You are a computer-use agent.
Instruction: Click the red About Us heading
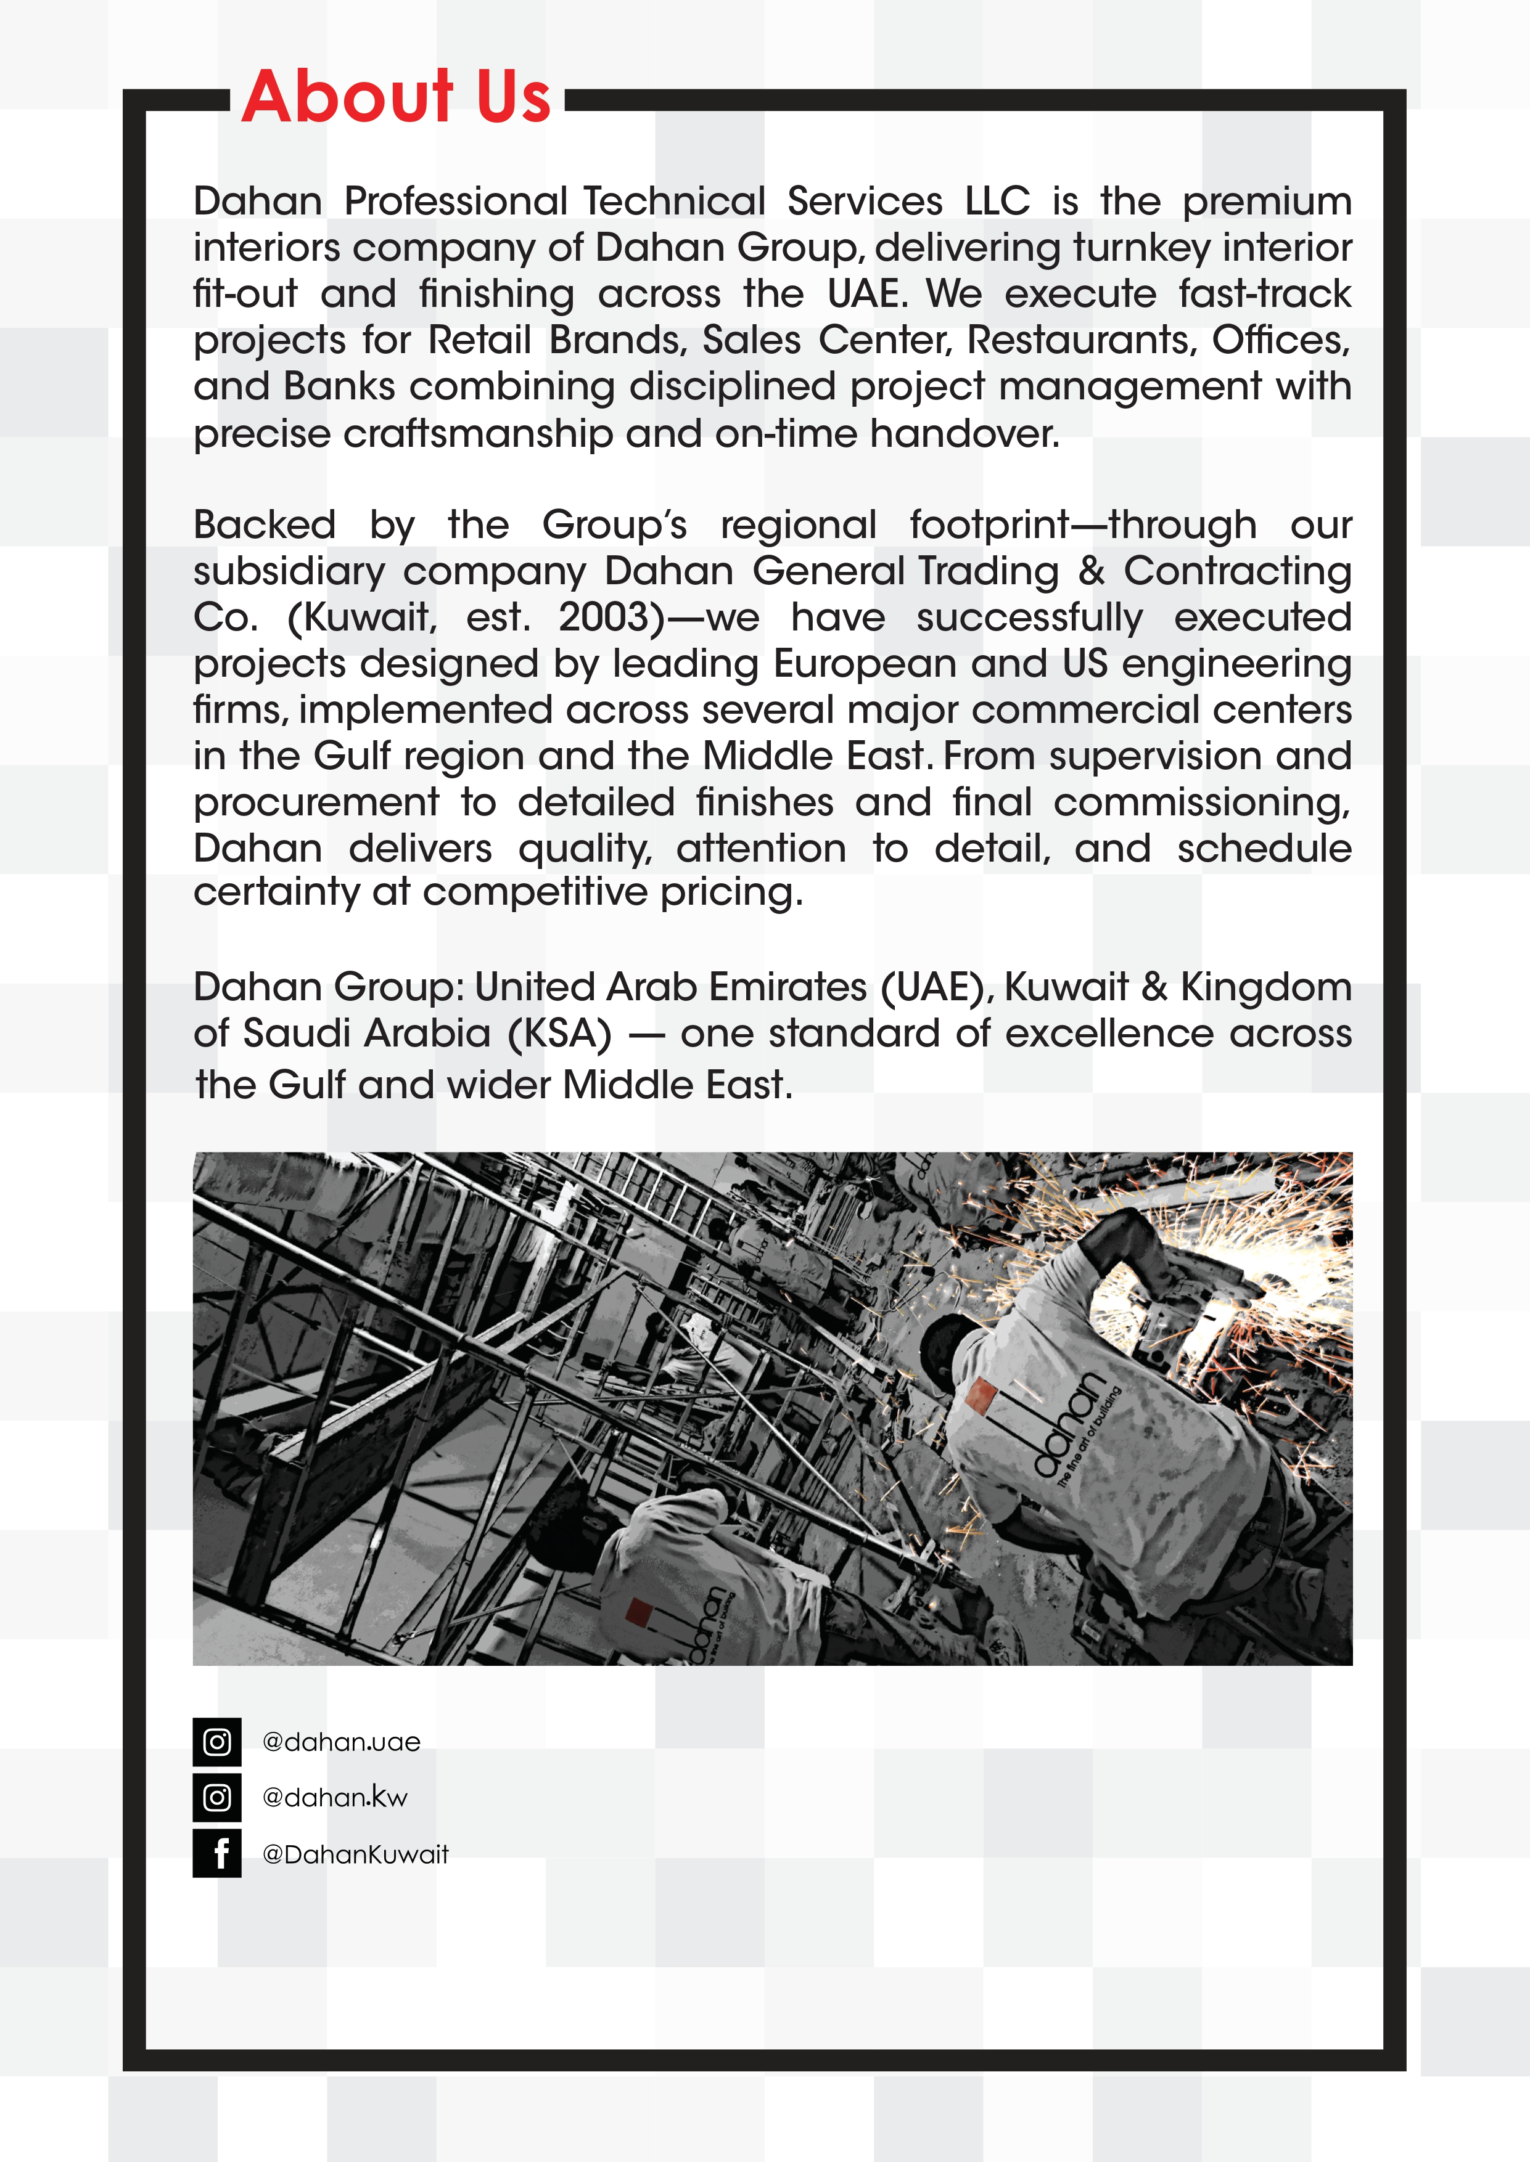396,97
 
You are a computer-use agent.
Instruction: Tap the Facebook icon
216,1853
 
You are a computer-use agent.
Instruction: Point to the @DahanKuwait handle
355,1854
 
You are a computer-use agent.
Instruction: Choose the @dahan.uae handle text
341,1742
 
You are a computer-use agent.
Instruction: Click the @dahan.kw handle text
334,1798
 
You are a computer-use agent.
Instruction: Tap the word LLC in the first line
997,202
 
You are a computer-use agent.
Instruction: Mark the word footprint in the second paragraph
989,524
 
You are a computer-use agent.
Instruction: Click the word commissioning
1201,802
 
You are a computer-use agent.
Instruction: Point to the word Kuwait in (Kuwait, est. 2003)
363,618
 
